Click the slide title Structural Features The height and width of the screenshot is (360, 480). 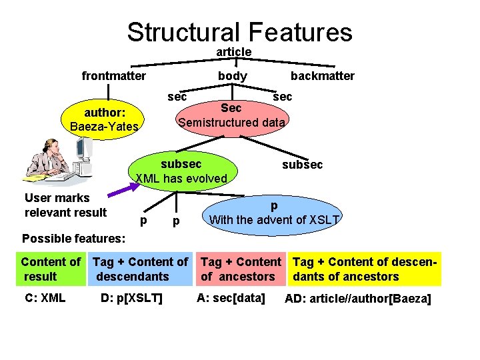tap(239, 31)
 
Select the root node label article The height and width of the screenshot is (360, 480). tap(233, 51)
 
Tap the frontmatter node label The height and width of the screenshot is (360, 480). tap(113, 76)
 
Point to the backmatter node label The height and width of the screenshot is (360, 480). tap(322, 76)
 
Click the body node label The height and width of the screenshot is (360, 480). tap(233, 76)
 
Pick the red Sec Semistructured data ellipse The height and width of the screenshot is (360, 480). tap(231, 115)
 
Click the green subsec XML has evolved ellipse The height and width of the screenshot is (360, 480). tap(181, 171)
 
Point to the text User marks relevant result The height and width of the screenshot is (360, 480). tap(65, 205)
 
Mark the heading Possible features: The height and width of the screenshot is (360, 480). tap(73, 238)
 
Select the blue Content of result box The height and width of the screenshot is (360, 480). tap(51, 269)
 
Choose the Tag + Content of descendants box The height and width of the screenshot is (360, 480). tap(141, 269)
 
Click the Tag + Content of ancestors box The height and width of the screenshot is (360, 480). tap(241, 269)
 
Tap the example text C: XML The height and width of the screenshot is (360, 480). tap(45, 297)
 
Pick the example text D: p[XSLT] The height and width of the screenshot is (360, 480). tap(131, 297)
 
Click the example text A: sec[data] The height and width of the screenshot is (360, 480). tap(231, 297)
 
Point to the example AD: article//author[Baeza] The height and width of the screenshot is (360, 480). tap(358, 299)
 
